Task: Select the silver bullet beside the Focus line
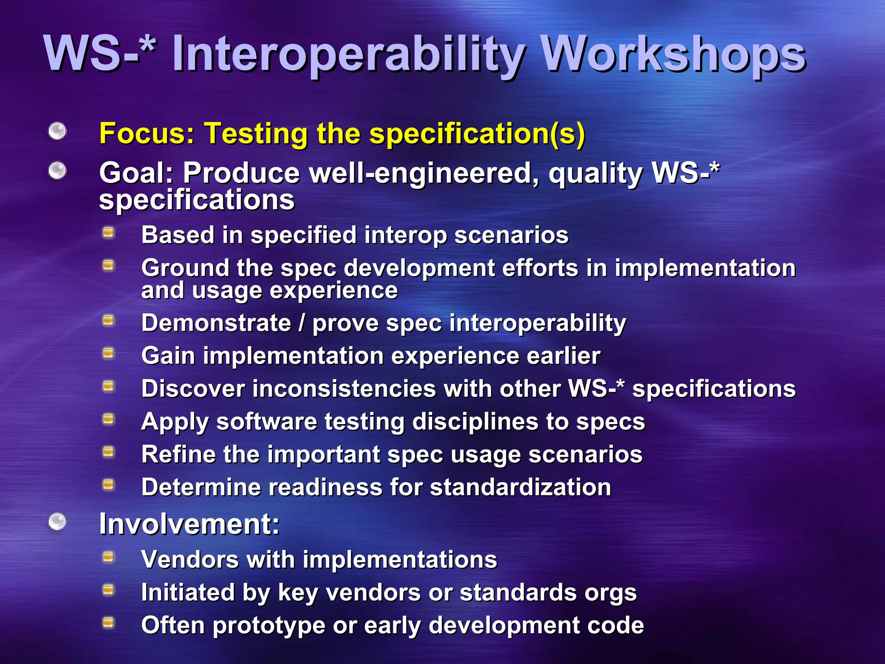coord(57,131)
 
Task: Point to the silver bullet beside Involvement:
coord(57,521)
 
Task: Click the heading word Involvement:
coord(189,524)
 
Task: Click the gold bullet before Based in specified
coord(108,233)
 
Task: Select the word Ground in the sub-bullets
coord(185,268)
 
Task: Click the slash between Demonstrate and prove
coord(302,323)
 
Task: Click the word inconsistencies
coord(344,389)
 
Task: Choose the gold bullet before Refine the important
coord(108,452)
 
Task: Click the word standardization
coord(520,487)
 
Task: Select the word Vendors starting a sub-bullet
coord(190,559)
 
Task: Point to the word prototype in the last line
coord(269,626)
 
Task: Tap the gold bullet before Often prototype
coord(108,623)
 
